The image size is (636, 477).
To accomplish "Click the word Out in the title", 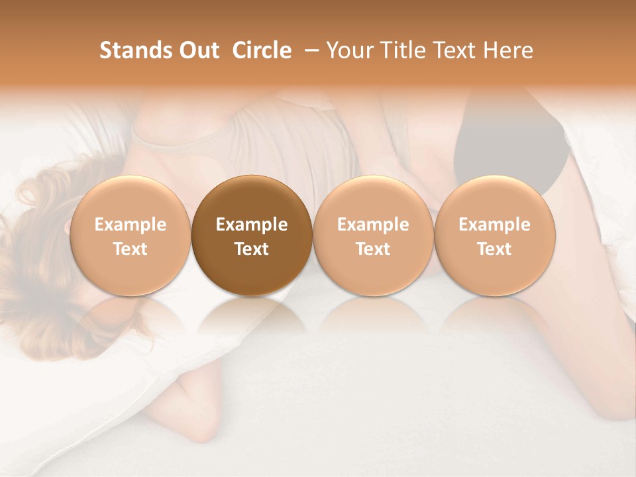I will point(198,50).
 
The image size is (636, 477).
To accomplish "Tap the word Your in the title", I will point(348,50).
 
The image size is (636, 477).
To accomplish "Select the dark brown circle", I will point(252,236).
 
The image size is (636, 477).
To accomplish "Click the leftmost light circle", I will point(130,236).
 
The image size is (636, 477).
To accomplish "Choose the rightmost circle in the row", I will point(495,236).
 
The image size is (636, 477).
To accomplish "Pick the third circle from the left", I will point(373,236).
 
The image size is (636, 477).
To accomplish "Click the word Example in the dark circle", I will point(252,225).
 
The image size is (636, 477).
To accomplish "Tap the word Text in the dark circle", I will point(252,249).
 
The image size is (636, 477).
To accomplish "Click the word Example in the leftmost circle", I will point(130,225).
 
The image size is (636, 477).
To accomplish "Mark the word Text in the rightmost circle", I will point(495,249).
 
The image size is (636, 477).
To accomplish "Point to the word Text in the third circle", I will point(373,249).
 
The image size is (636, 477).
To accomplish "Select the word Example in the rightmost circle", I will point(495,225).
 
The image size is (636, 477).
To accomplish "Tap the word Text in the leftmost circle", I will point(130,249).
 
